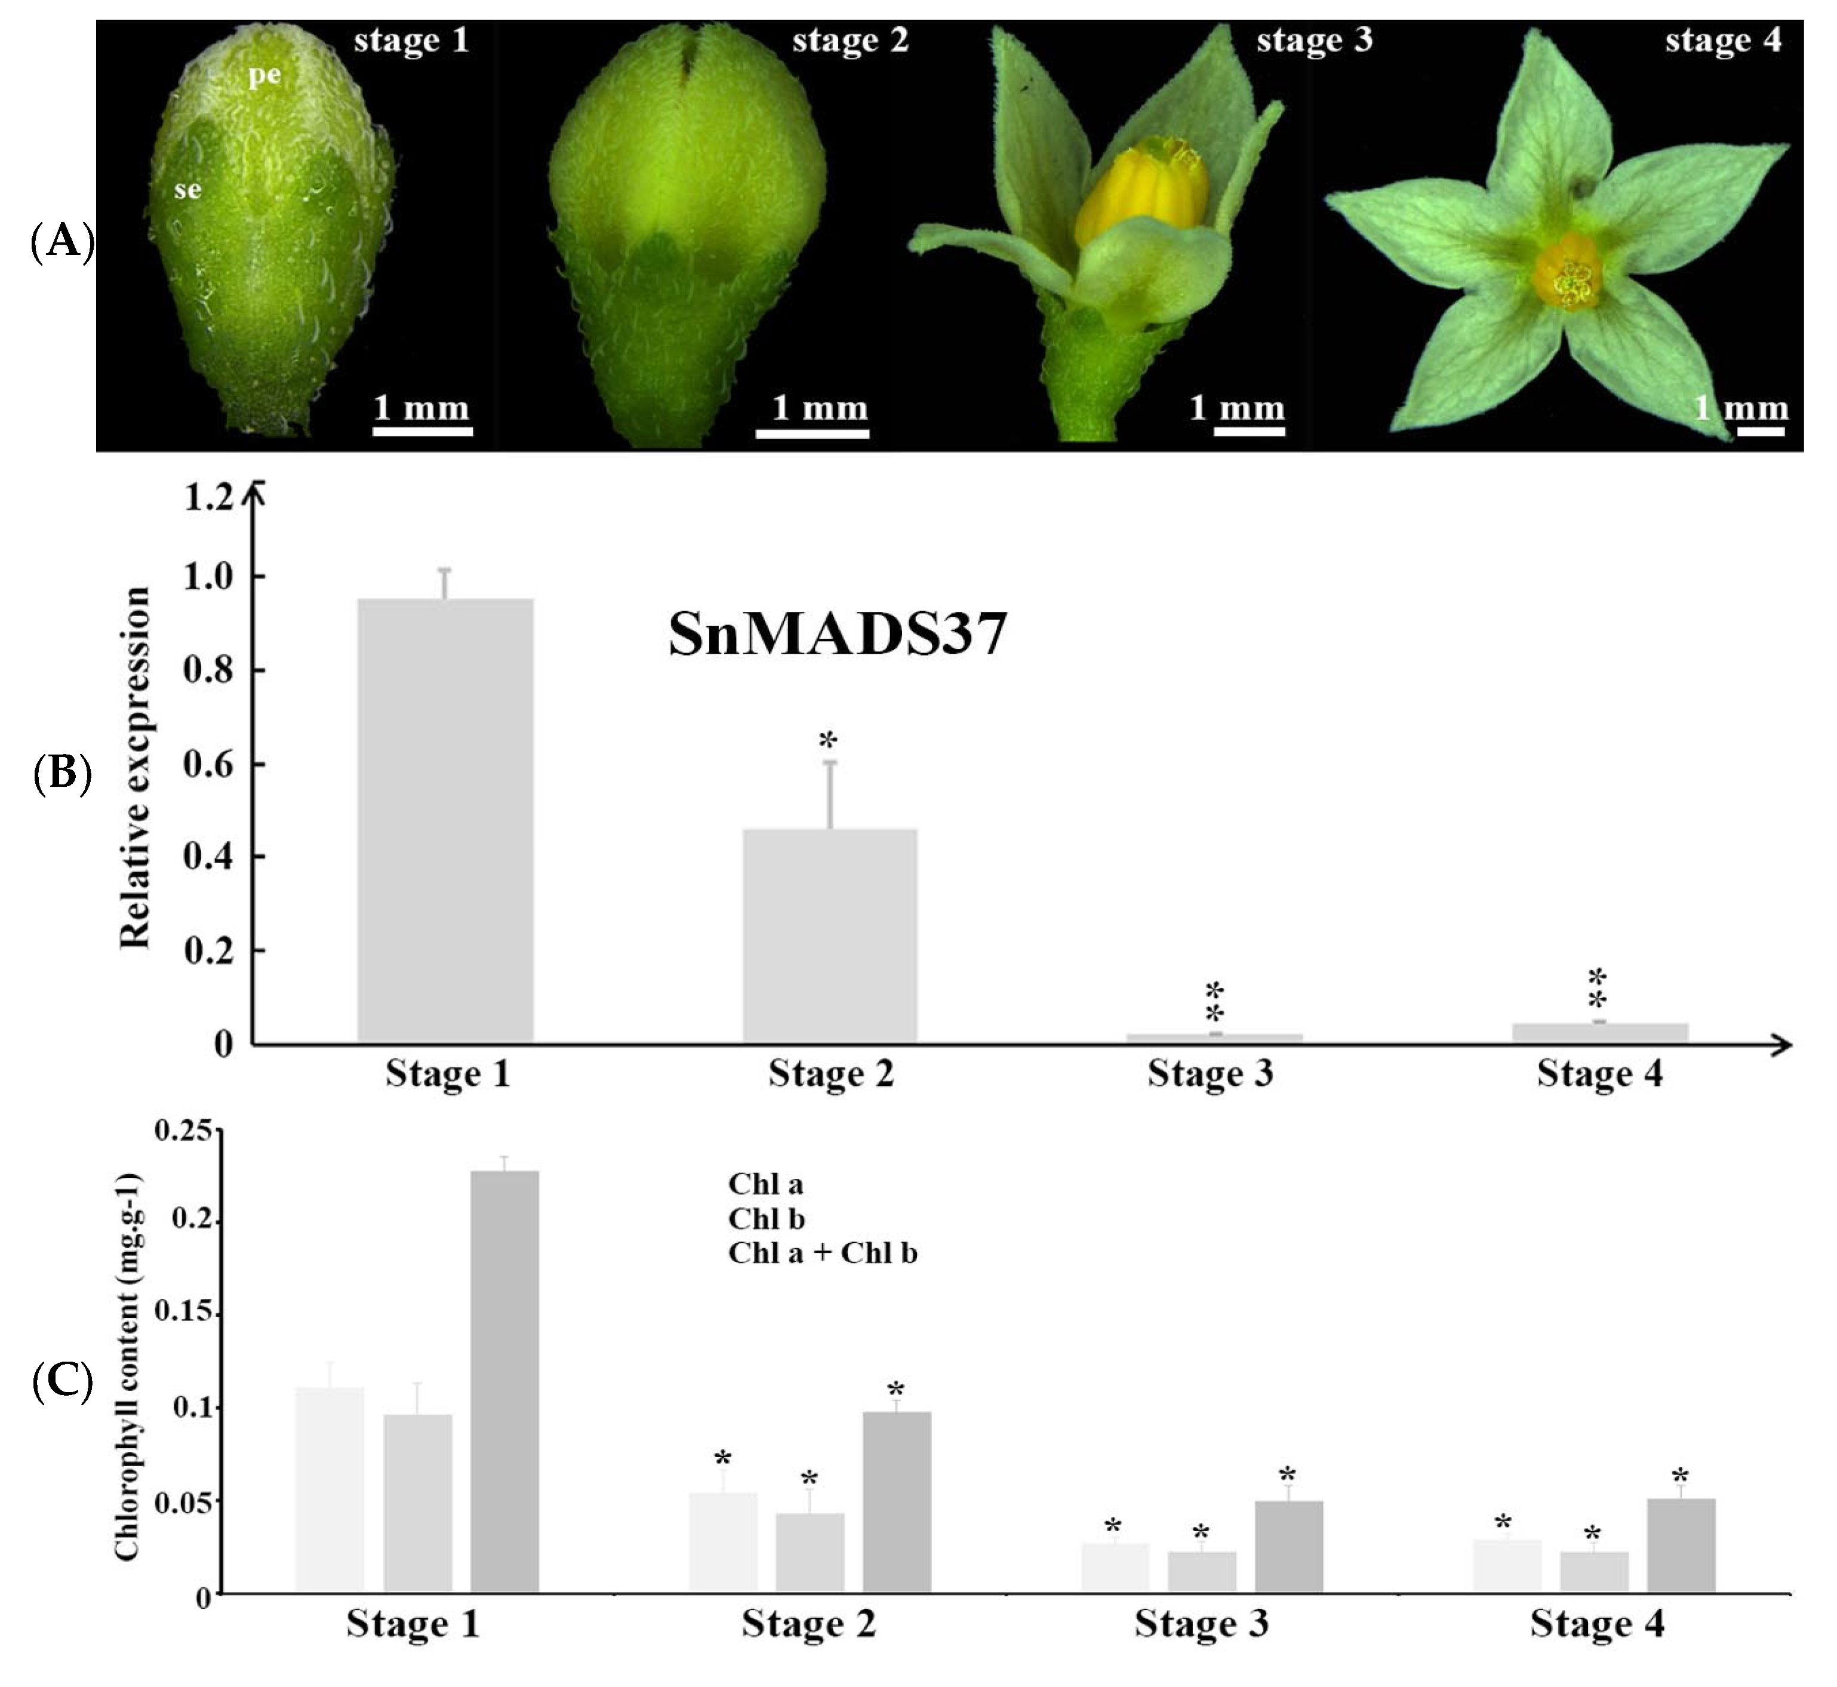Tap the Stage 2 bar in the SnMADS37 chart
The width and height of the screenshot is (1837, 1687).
tap(829, 935)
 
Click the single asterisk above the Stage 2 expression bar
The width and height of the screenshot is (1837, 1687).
tap(828, 740)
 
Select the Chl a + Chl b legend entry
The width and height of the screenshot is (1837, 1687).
tap(821, 1254)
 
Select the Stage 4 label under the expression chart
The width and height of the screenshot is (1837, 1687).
tap(1599, 1073)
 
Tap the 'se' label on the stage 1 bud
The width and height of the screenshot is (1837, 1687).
tap(187, 189)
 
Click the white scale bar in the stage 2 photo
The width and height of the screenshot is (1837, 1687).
tap(812, 433)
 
